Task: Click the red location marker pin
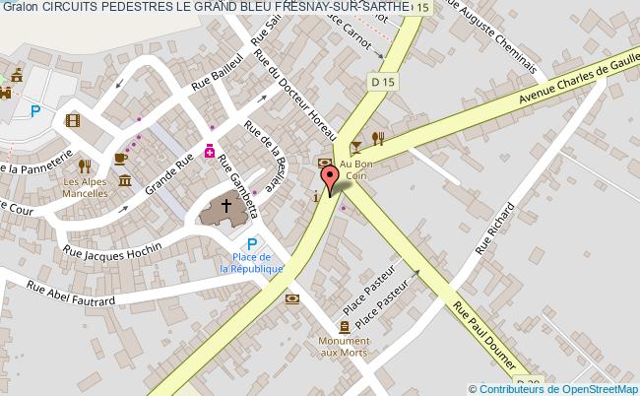(331, 180)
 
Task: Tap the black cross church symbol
(226, 207)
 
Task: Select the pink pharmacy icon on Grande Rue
(210, 151)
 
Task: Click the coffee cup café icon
(120, 158)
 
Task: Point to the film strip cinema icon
(72, 120)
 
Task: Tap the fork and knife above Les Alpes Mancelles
(85, 165)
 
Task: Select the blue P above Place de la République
(251, 245)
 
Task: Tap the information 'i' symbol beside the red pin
(314, 197)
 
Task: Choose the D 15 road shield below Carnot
(383, 80)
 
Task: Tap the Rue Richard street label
(495, 229)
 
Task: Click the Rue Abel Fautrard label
(70, 293)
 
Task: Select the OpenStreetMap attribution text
(555, 388)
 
